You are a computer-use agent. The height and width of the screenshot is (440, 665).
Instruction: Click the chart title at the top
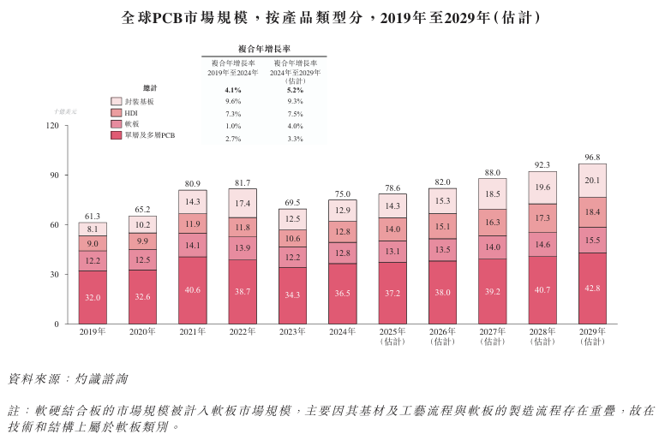coord(332,17)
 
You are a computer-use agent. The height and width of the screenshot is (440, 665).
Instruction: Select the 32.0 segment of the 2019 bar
coord(93,297)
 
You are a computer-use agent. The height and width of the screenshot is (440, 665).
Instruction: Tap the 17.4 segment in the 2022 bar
coord(243,204)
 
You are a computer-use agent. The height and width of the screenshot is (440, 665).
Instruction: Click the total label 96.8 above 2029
coord(592,157)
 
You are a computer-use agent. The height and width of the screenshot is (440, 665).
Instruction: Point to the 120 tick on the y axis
coord(52,126)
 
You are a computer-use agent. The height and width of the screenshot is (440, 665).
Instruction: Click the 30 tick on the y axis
coord(55,275)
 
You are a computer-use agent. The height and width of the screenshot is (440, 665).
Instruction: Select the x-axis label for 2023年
coord(292,331)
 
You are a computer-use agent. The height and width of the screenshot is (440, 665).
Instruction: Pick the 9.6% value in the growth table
coord(233,101)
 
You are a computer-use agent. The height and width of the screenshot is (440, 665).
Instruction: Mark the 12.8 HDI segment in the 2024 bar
coord(343,231)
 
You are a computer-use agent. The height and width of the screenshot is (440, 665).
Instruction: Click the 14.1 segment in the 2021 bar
coord(193,245)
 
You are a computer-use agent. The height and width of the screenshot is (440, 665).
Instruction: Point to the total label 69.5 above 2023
coord(292,202)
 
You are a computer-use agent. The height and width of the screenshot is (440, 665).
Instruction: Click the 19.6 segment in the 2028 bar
coord(542,187)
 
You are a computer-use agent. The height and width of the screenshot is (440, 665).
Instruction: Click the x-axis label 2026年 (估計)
coord(442,336)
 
